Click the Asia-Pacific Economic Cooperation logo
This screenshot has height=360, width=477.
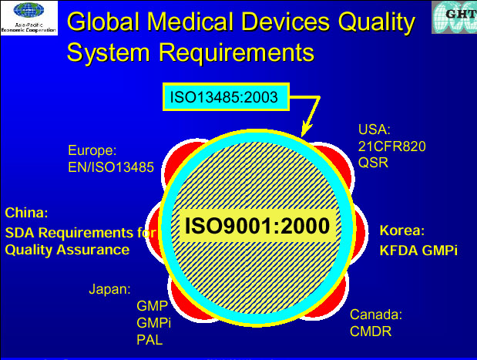(x=29, y=18)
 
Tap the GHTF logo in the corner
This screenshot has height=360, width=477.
(x=454, y=17)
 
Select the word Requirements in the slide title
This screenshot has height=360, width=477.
(x=237, y=52)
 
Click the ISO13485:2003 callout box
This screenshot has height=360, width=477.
(x=226, y=97)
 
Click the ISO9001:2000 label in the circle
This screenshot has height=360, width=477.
(x=257, y=226)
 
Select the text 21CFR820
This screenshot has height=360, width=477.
(x=391, y=146)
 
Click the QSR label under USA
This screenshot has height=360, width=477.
(x=373, y=163)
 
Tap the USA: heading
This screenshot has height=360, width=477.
(x=375, y=130)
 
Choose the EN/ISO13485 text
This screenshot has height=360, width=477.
(x=111, y=167)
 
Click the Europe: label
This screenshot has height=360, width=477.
(x=92, y=150)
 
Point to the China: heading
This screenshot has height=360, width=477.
(x=26, y=213)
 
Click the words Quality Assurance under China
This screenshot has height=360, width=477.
(x=67, y=250)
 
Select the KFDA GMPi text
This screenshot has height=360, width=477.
(x=418, y=251)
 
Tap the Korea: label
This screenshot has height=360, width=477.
(x=402, y=230)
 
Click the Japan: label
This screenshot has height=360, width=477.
(x=110, y=289)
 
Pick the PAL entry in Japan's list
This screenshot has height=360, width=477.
(x=149, y=340)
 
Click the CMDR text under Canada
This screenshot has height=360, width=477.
(x=371, y=331)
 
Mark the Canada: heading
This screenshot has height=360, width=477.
(x=376, y=315)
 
